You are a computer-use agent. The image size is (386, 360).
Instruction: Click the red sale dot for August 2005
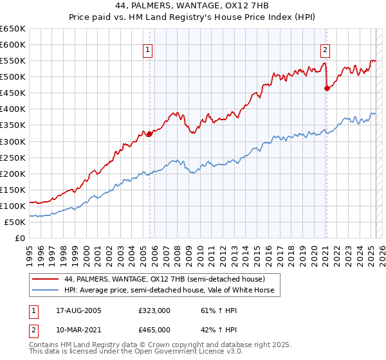(149, 134)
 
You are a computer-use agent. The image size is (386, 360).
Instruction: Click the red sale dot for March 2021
(327, 88)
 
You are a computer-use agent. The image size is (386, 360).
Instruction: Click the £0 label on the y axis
(21, 238)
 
